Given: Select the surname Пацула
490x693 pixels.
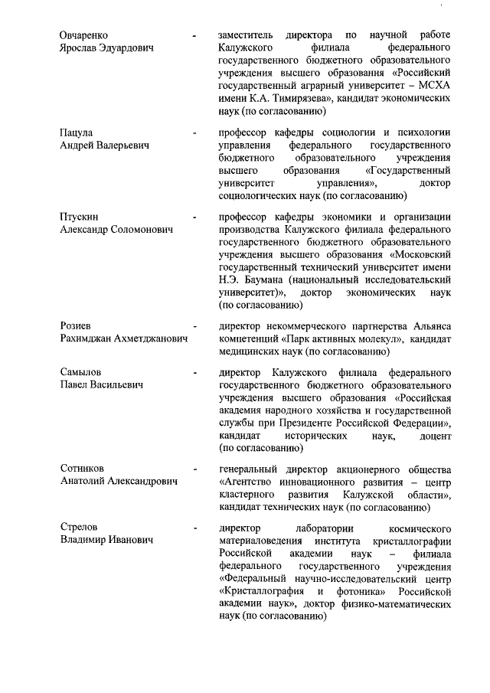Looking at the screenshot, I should pyautogui.click(x=77, y=132).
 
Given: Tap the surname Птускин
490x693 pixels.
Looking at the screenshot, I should pyautogui.click(x=80, y=217).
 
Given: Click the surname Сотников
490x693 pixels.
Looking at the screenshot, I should pyautogui.click(x=83, y=469).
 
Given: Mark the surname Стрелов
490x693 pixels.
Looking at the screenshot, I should pyautogui.click(x=80, y=528).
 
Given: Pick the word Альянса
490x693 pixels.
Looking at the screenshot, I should pyautogui.click(x=428, y=326).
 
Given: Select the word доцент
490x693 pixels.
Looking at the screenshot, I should pyautogui.click(x=433, y=435).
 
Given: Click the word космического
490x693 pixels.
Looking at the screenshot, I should pyautogui.click(x=418, y=529).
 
